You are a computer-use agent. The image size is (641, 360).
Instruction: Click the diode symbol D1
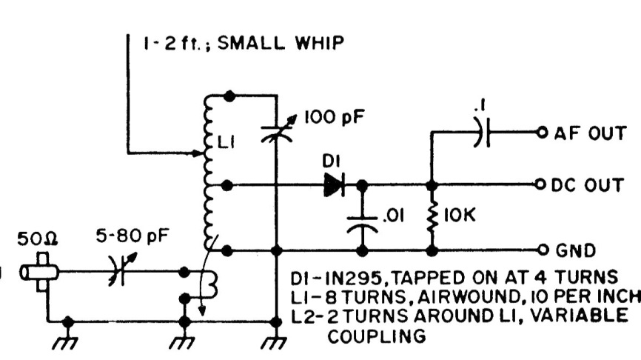[x=335, y=184]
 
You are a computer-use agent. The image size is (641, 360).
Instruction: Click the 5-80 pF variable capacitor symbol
[x=117, y=270]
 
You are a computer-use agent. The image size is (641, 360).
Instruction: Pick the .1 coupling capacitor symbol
[x=482, y=134]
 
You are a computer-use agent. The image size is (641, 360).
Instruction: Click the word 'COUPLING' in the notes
[x=377, y=336]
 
